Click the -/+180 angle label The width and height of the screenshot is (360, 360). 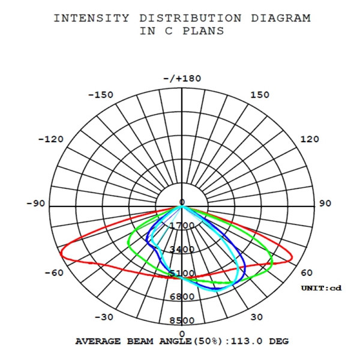pos(182,79)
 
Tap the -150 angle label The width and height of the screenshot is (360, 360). pos(100,95)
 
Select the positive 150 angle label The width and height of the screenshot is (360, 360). pos(260,95)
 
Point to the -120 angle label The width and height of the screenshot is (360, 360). pos(50,139)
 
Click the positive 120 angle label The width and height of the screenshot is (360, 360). pos(310,139)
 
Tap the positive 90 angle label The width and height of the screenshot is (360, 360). pos(325,203)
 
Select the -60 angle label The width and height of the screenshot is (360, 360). pos(53,273)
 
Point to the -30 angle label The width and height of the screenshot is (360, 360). pos(104,317)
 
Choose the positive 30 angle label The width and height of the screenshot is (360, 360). pos(257,317)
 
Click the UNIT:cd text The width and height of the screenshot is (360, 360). pos(321,289)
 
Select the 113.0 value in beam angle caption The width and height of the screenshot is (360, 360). pos(241,341)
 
